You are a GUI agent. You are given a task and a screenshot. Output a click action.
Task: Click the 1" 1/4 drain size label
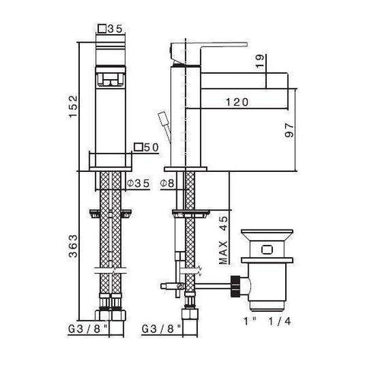coord(264,322)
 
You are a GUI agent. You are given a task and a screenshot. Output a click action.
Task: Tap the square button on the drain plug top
coord(265,248)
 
